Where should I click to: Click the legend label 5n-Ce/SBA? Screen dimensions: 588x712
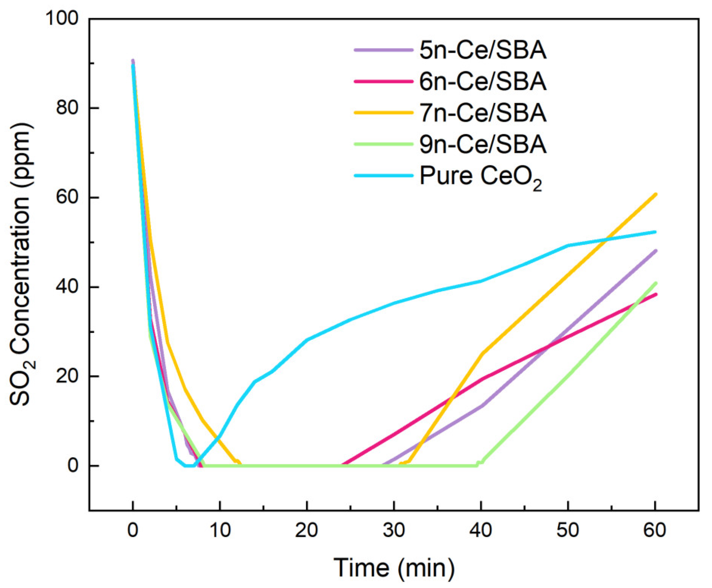(483, 50)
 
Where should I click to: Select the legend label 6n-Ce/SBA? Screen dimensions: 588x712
(483, 81)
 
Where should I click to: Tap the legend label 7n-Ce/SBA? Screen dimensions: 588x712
(483, 113)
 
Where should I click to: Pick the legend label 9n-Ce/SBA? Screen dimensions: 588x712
(483, 144)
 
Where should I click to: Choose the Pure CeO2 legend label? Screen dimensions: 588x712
(481, 176)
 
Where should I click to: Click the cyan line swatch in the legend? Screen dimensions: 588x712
(383, 176)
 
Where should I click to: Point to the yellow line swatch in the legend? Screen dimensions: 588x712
(383, 113)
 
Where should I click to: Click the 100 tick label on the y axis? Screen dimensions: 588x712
(62, 18)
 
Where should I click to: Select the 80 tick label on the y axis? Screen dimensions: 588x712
(67, 108)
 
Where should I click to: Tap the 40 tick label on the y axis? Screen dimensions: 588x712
(67, 287)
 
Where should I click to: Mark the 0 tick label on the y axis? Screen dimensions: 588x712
(73, 466)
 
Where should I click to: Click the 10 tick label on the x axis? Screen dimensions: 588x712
(220, 530)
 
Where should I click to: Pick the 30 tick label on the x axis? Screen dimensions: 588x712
(394, 530)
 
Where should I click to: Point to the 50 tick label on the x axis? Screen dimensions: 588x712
(568, 530)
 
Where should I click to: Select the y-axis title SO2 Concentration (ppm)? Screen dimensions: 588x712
(21, 264)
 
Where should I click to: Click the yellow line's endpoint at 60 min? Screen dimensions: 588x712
(656, 194)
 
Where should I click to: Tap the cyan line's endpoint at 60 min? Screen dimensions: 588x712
(656, 232)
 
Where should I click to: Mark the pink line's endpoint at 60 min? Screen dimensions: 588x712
(656, 294)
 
